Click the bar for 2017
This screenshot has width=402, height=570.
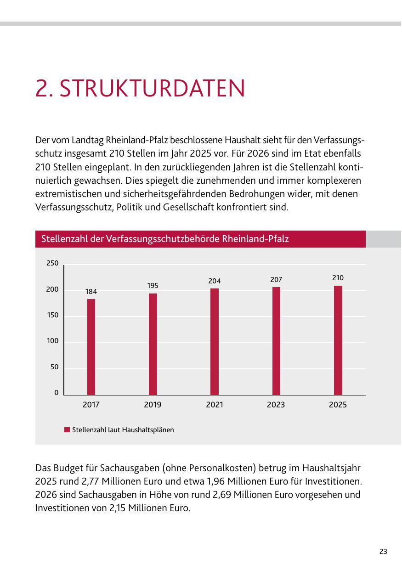[91, 347]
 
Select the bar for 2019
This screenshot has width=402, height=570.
[153, 344]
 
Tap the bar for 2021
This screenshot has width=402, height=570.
[215, 342]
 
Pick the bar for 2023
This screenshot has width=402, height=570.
[276, 341]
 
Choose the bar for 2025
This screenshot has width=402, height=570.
[338, 340]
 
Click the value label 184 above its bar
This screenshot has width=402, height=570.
[91, 292]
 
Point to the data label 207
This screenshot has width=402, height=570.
[276, 280]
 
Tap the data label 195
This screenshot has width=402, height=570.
[153, 286]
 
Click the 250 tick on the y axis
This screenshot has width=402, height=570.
[52, 263]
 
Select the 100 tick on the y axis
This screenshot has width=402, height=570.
[53, 341]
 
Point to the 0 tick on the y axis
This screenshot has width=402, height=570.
[57, 393]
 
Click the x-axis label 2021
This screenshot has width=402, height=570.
[215, 405]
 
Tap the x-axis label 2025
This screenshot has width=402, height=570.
[338, 405]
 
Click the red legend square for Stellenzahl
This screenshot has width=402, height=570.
[67, 430]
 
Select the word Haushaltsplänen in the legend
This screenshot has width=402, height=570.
[148, 430]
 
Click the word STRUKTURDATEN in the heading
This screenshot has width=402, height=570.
[152, 88]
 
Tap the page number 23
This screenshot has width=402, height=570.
[383, 552]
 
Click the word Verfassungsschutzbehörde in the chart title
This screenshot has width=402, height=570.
[163, 239]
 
